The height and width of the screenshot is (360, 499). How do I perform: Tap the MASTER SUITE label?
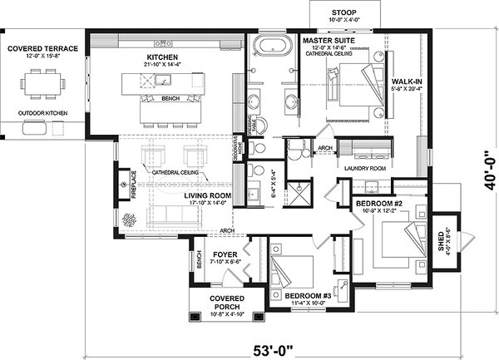coord(329,40)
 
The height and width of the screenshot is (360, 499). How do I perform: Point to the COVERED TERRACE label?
coord(42,49)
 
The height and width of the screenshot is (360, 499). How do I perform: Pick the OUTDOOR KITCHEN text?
coord(42,113)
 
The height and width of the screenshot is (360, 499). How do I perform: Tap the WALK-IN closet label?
coord(408,81)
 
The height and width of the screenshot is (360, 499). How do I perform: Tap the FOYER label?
coord(226,254)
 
